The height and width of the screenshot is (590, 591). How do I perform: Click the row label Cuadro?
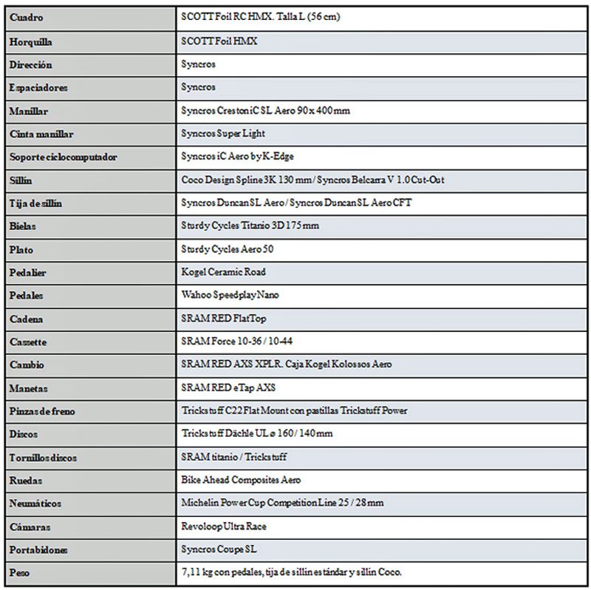(26, 17)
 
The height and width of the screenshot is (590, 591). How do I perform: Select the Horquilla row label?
(31, 41)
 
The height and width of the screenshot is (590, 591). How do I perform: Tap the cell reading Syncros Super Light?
(223, 133)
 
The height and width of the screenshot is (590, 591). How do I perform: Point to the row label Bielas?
(23, 226)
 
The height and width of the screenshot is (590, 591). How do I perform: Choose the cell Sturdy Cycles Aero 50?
(228, 248)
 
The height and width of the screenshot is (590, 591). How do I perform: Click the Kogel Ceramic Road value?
(224, 272)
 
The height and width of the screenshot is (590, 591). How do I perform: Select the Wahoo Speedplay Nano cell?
(230, 295)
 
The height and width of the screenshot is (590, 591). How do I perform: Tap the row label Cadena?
(27, 319)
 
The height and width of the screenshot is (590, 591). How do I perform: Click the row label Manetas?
(29, 387)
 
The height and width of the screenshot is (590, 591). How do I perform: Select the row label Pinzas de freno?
(44, 410)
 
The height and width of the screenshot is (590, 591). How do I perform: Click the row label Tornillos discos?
(44, 457)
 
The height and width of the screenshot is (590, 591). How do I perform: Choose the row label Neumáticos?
(35, 503)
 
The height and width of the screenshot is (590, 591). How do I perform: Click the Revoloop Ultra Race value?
(224, 526)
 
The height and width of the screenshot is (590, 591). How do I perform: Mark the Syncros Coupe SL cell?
(219, 549)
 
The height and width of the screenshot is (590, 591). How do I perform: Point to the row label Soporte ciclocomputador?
(64, 157)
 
